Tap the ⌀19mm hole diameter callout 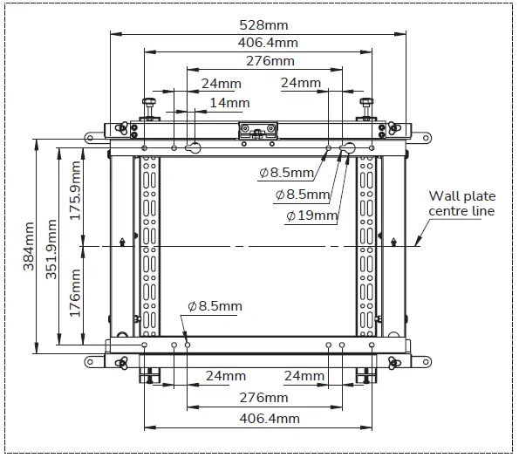[312, 215]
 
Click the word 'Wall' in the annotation [442, 197]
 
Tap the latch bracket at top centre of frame [258, 131]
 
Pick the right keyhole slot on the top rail [347, 147]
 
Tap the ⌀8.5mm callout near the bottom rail [215, 306]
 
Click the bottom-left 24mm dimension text [224, 377]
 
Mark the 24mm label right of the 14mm [301, 84]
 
